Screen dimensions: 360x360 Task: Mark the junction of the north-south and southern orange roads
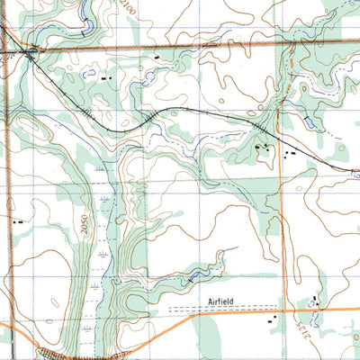[x=282, y=310]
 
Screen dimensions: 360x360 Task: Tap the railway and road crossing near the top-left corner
[x=32, y=55]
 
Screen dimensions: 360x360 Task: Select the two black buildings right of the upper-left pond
[x=106, y=78]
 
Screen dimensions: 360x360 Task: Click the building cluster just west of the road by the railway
[x=264, y=148]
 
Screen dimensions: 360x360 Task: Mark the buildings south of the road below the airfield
[x=272, y=318]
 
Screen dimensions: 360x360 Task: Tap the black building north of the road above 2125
[x=315, y=299]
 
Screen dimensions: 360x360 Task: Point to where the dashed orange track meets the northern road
[x=292, y=43]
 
